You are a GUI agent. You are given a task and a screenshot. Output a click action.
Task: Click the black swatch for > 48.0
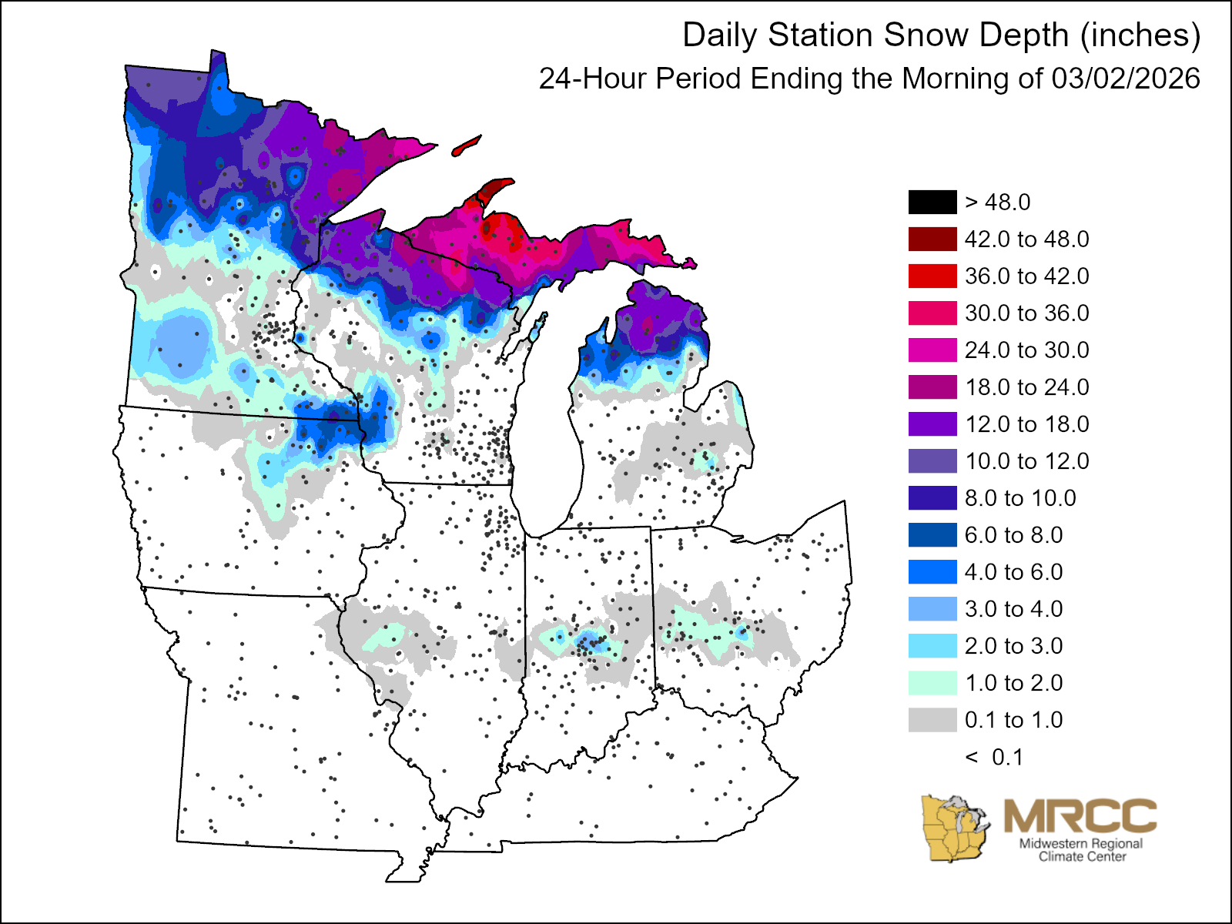click(x=932, y=203)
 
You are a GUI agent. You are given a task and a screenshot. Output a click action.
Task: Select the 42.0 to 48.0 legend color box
click(x=932, y=239)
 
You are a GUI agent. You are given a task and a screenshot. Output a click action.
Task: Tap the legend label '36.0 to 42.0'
click(x=1026, y=276)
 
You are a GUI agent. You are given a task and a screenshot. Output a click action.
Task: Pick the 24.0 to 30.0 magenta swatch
click(x=932, y=350)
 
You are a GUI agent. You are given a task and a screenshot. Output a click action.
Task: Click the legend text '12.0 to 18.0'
click(x=1026, y=424)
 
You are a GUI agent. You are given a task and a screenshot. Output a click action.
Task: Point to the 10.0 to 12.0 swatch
click(x=932, y=461)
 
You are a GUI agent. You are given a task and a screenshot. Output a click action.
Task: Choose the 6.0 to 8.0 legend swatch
click(x=932, y=535)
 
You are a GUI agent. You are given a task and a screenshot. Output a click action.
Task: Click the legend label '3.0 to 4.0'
click(x=1013, y=609)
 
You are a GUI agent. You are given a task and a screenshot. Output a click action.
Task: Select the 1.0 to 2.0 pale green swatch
click(x=932, y=683)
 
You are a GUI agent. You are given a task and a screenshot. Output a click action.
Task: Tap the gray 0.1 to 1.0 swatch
click(x=932, y=720)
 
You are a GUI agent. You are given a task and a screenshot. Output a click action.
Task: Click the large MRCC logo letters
click(x=1080, y=815)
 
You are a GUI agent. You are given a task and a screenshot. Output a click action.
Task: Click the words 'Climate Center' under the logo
click(x=1082, y=856)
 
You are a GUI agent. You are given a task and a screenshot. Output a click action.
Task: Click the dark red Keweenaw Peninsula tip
click(x=497, y=187)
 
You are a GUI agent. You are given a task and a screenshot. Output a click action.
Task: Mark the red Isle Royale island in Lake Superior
click(x=467, y=146)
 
